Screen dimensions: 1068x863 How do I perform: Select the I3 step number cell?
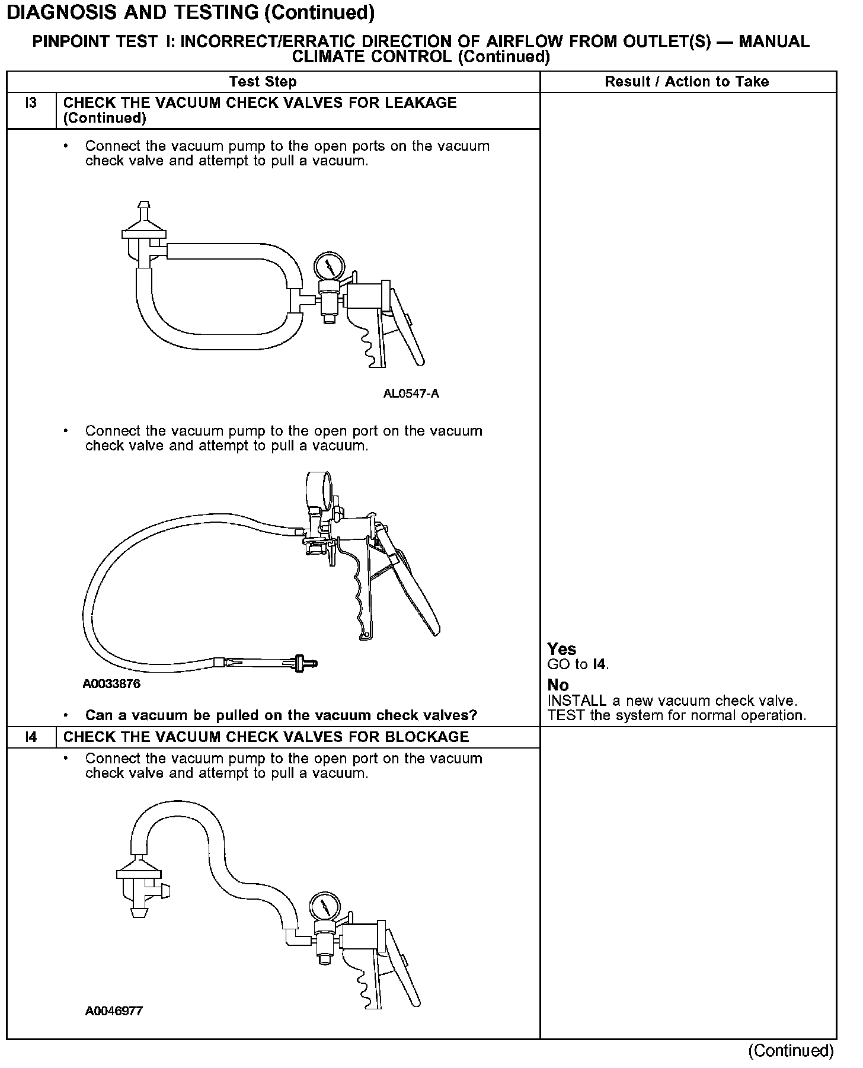tap(31, 103)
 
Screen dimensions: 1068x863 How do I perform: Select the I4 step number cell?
tap(31, 737)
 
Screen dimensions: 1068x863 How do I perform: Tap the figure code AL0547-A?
tap(411, 394)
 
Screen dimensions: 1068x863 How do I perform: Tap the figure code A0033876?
tap(111, 684)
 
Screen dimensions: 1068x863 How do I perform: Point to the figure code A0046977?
tap(114, 1011)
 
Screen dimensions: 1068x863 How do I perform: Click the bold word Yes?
tap(561, 649)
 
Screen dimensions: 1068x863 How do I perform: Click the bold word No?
tap(558, 685)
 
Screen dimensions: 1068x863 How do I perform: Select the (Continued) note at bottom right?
tap(790, 1051)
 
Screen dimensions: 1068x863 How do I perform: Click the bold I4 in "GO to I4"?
tap(600, 664)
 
